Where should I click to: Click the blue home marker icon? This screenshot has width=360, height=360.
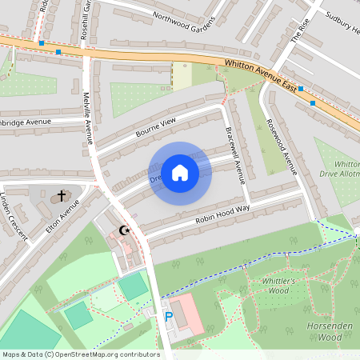pyautogui.click(x=180, y=172)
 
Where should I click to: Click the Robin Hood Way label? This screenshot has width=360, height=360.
pyautogui.click(x=222, y=213)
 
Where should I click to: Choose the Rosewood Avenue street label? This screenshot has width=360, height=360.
pyautogui.click(x=282, y=148)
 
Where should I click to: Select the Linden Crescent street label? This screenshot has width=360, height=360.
pyautogui.click(x=14, y=217)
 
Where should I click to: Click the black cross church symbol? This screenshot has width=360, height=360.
pyautogui.click(x=62, y=196)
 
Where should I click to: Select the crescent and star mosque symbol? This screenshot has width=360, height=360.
pyautogui.click(x=124, y=231)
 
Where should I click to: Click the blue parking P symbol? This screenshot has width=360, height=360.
pyautogui.click(x=168, y=317)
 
